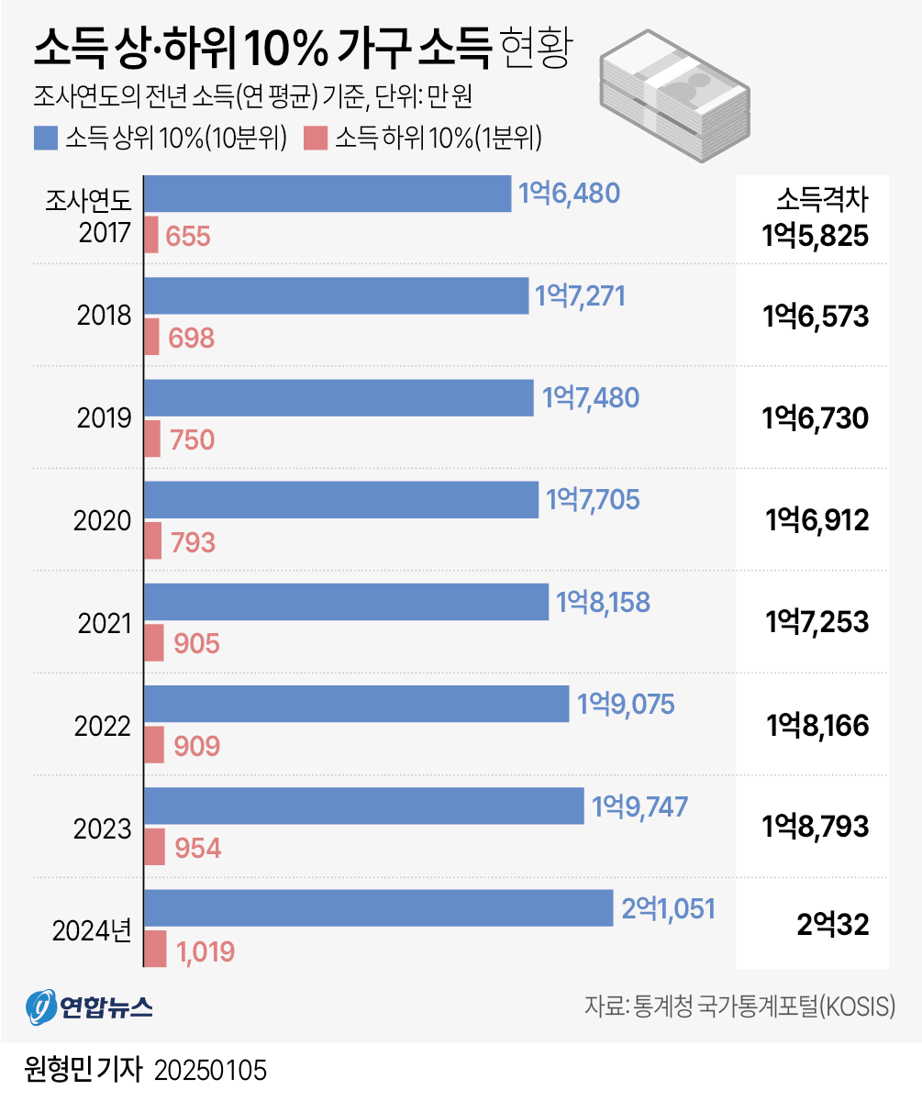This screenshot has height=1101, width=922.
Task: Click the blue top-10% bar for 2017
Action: pos(328,194)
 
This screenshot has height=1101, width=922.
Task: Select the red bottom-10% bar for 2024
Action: pos(156,949)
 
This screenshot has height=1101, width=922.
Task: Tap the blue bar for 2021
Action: pos(347,602)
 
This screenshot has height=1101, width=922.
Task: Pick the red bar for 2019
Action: pos(153,439)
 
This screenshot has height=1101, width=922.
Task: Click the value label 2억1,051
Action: pos(668,907)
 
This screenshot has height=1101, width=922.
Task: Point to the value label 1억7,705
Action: pos(593,500)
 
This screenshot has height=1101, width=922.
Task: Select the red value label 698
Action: pos(191,339)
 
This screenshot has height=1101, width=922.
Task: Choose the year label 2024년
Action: pos(93,930)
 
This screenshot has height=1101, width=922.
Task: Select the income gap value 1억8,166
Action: pos(816,725)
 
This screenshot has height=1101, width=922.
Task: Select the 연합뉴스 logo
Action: pos(89,1006)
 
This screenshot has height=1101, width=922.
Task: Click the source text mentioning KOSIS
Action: pos(739,1006)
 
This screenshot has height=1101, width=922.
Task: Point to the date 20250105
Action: pos(210,1070)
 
